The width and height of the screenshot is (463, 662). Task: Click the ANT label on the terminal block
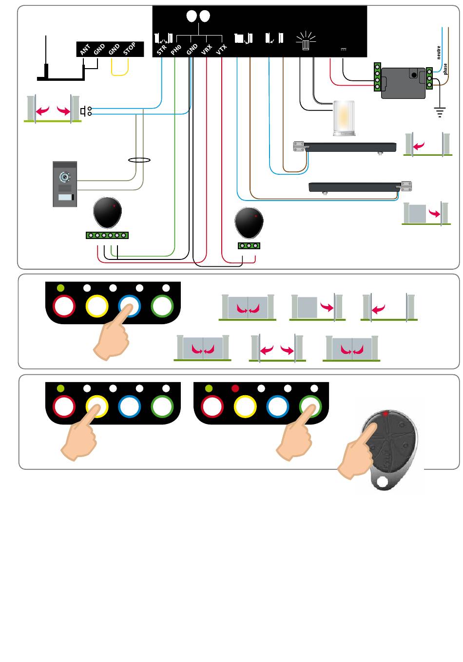(85, 50)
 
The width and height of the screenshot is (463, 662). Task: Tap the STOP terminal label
(130, 49)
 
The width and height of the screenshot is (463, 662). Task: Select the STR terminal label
(162, 49)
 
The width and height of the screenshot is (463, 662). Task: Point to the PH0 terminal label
(176, 49)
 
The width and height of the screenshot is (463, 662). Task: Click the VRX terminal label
(207, 49)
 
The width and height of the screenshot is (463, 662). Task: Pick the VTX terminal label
(222, 49)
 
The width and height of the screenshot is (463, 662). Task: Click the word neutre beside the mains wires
(439, 53)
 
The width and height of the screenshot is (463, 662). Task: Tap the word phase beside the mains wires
(445, 69)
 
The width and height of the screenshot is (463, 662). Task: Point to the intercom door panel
(65, 184)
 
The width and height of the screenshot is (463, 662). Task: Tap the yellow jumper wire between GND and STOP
(120, 71)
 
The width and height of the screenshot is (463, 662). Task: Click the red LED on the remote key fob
(385, 414)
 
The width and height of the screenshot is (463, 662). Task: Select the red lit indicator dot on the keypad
(235, 388)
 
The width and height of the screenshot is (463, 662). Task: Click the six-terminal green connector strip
(107, 235)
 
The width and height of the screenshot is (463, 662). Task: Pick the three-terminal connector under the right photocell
(249, 245)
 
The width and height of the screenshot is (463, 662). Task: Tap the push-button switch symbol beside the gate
(86, 111)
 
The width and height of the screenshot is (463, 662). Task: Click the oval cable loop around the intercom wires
(139, 160)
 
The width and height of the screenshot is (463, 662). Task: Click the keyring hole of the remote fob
(383, 483)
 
